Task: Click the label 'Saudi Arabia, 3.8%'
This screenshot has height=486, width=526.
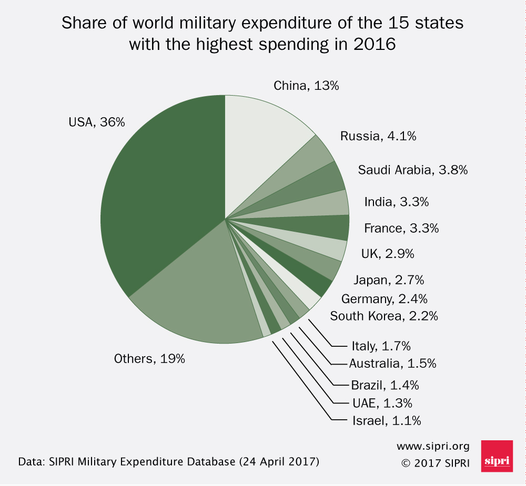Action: (413, 170)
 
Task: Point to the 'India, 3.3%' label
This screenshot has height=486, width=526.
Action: (400, 202)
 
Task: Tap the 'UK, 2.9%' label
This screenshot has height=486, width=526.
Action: (388, 254)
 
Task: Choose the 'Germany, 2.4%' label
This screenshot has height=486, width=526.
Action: (384, 299)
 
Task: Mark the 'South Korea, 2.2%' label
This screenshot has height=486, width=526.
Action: (384, 316)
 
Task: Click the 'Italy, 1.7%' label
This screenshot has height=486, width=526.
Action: (381, 346)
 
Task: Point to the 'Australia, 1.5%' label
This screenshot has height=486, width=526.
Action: (392, 363)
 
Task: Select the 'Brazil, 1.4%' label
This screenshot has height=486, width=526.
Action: (385, 385)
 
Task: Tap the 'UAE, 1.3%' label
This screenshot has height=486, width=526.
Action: (382, 403)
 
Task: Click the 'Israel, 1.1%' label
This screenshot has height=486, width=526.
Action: (386, 420)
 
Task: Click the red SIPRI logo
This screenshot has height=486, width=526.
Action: (497, 456)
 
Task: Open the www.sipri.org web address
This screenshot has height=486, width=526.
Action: (433, 447)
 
